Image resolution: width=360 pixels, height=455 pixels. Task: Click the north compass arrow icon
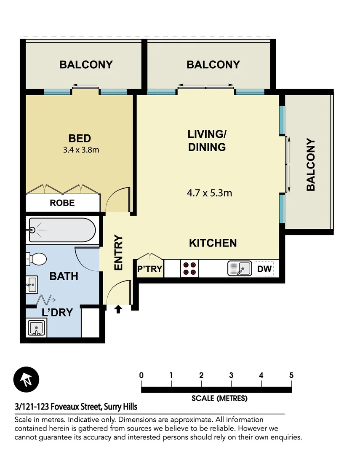tap(27, 379)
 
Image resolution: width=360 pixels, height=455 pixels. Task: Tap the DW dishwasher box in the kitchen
tap(264, 269)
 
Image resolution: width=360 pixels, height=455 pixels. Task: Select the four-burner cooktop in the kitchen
tap(189, 269)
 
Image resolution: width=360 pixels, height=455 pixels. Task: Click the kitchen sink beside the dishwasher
tap(239, 268)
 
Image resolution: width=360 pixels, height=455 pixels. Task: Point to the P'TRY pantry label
tap(150, 269)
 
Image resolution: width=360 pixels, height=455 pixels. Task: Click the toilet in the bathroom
tap(36, 259)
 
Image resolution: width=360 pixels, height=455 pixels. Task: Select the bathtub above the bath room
tap(62, 230)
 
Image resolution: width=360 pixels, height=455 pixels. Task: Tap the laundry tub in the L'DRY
tap(37, 328)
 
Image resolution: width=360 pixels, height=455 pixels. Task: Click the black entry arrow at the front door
tap(118, 310)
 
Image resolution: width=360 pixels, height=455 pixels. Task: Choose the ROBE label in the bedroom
tap(62, 203)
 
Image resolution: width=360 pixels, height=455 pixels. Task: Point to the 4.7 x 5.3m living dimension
tap(210, 193)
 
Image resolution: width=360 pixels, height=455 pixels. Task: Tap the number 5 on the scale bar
tap(291, 375)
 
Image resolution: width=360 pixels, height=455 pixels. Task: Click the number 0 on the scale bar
tap(141, 375)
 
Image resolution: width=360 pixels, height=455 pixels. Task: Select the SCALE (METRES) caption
tap(219, 398)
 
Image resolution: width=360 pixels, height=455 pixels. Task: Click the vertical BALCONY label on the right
tap(311, 164)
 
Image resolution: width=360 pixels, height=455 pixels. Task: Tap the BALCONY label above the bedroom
tap(86, 65)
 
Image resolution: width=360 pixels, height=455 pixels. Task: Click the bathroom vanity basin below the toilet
tap(32, 285)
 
